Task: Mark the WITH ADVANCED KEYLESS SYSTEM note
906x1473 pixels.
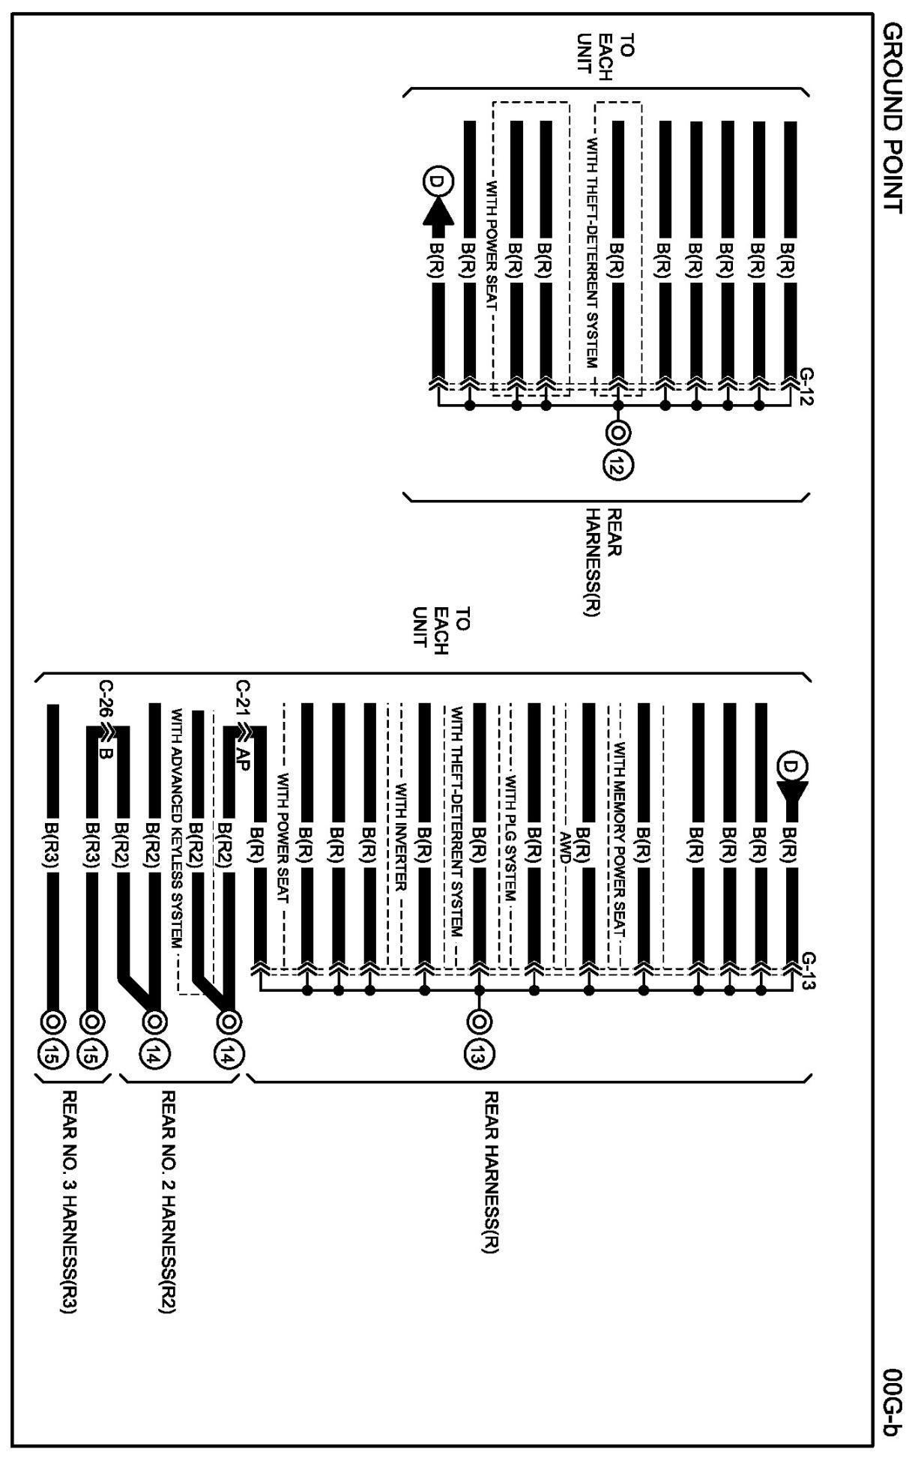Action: (x=177, y=828)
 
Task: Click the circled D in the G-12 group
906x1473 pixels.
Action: (x=435, y=182)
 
